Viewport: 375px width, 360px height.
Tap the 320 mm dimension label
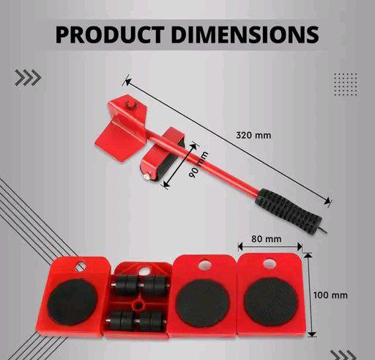pos(250,135)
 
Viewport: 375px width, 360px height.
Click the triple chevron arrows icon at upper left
pos(28,78)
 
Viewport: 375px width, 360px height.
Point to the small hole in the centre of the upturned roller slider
pos(137,302)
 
